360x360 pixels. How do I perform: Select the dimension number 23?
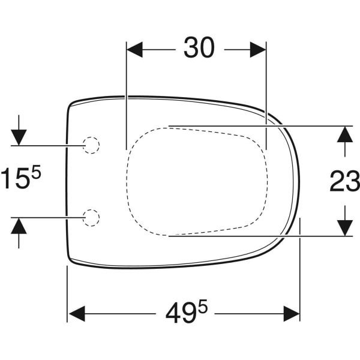pyautogui.click(x=345, y=181)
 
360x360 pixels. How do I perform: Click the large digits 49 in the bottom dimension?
pyautogui.click(x=181, y=313)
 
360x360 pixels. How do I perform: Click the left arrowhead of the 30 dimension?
pyautogui.click(x=134, y=50)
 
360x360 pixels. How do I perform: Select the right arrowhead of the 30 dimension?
pyautogui.click(x=258, y=50)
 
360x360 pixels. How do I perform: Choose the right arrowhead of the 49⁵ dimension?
pyautogui.click(x=292, y=313)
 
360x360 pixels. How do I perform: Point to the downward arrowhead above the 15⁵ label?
pyautogui.click(x=19, y=137)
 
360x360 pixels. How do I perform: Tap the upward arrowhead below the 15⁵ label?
pyautogui.click(x=19, y=225)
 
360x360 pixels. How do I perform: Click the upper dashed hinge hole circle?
pyautogui.click(x=91, y=145)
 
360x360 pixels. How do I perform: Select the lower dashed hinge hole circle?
pyautogui.click(x=91, y=217)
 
